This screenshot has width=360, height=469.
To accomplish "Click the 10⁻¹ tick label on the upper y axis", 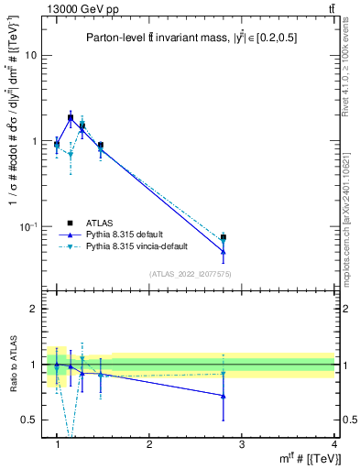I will (27, 226).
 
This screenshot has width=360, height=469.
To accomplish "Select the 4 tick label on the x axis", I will (334, 445).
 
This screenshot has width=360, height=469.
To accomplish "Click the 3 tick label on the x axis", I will (242, 445).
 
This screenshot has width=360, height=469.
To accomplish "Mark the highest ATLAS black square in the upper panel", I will (71, 117).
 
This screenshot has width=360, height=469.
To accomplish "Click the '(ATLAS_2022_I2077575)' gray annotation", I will (190, 274).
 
